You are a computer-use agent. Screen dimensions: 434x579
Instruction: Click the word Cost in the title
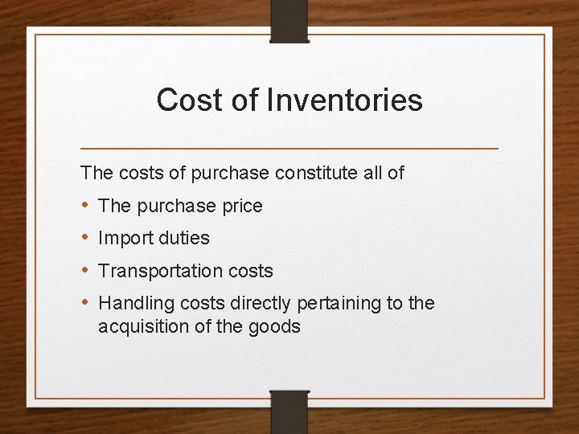pyautogui.click(x=182, y=100)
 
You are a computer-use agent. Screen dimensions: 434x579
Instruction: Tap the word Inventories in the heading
pyautogui.click(x=345, y=100)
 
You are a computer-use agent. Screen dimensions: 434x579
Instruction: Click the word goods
pyautogui.click(x=273, y=326)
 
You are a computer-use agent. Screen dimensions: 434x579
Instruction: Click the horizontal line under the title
pyautogui.click(x=289, y=149)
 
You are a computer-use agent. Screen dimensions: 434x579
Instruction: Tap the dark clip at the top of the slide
pyautogui.click(x=289, y=21)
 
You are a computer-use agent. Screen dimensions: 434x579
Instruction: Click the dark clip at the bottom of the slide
pyautogui.click(x=289, y=411)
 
